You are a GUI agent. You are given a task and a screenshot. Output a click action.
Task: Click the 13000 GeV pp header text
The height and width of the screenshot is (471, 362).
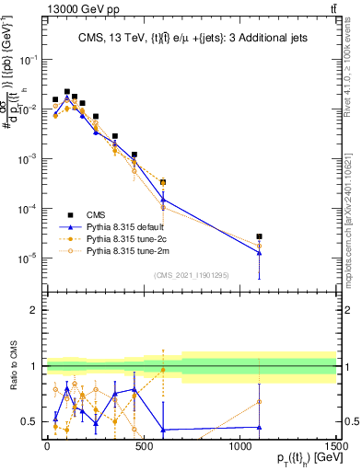pos(42,8)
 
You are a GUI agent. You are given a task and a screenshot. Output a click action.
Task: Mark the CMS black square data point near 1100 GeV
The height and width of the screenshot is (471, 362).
pos(260,236)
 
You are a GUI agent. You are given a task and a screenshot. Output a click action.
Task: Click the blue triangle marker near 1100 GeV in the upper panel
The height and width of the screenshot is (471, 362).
pos(260,252)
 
